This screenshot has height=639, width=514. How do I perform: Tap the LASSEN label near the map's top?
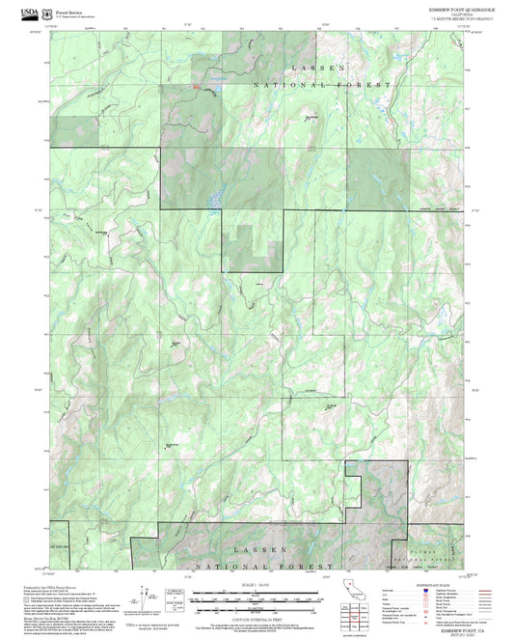coord(317,69)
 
